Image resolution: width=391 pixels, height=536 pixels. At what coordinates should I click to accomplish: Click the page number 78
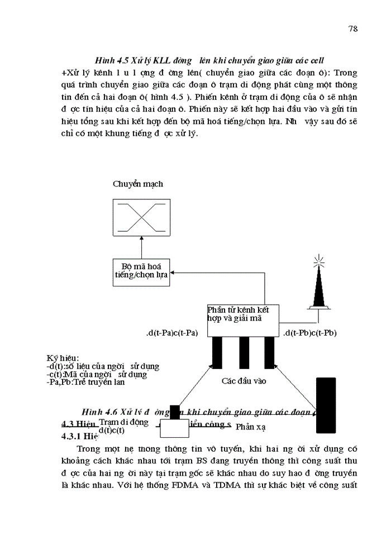[x=352, y=29]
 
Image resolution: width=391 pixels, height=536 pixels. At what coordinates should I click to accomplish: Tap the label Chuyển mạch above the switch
[x=138, y=184]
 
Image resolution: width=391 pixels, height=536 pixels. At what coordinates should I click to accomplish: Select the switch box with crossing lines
[x=141, y=216]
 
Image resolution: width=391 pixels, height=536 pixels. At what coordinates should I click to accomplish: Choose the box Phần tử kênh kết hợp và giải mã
[x=243, y=320]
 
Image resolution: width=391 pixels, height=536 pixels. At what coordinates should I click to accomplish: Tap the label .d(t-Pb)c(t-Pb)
[x=310, y=333]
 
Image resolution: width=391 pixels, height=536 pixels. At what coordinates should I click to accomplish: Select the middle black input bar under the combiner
[x=244, y=352]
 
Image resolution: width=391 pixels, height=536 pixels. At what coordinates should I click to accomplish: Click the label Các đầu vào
[x=244, y=381]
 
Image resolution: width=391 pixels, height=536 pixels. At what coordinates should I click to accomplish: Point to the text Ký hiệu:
[x=63, y=357]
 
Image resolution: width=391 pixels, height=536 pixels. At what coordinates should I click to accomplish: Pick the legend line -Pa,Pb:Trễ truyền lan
[x=86, y=382]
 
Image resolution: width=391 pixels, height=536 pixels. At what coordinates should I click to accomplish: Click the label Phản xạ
[x=250, y=427]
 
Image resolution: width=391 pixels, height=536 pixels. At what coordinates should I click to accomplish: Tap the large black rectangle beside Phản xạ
[x=325, y=405]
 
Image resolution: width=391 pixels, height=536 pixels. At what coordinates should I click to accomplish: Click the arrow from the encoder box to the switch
[x=141, y=246]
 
